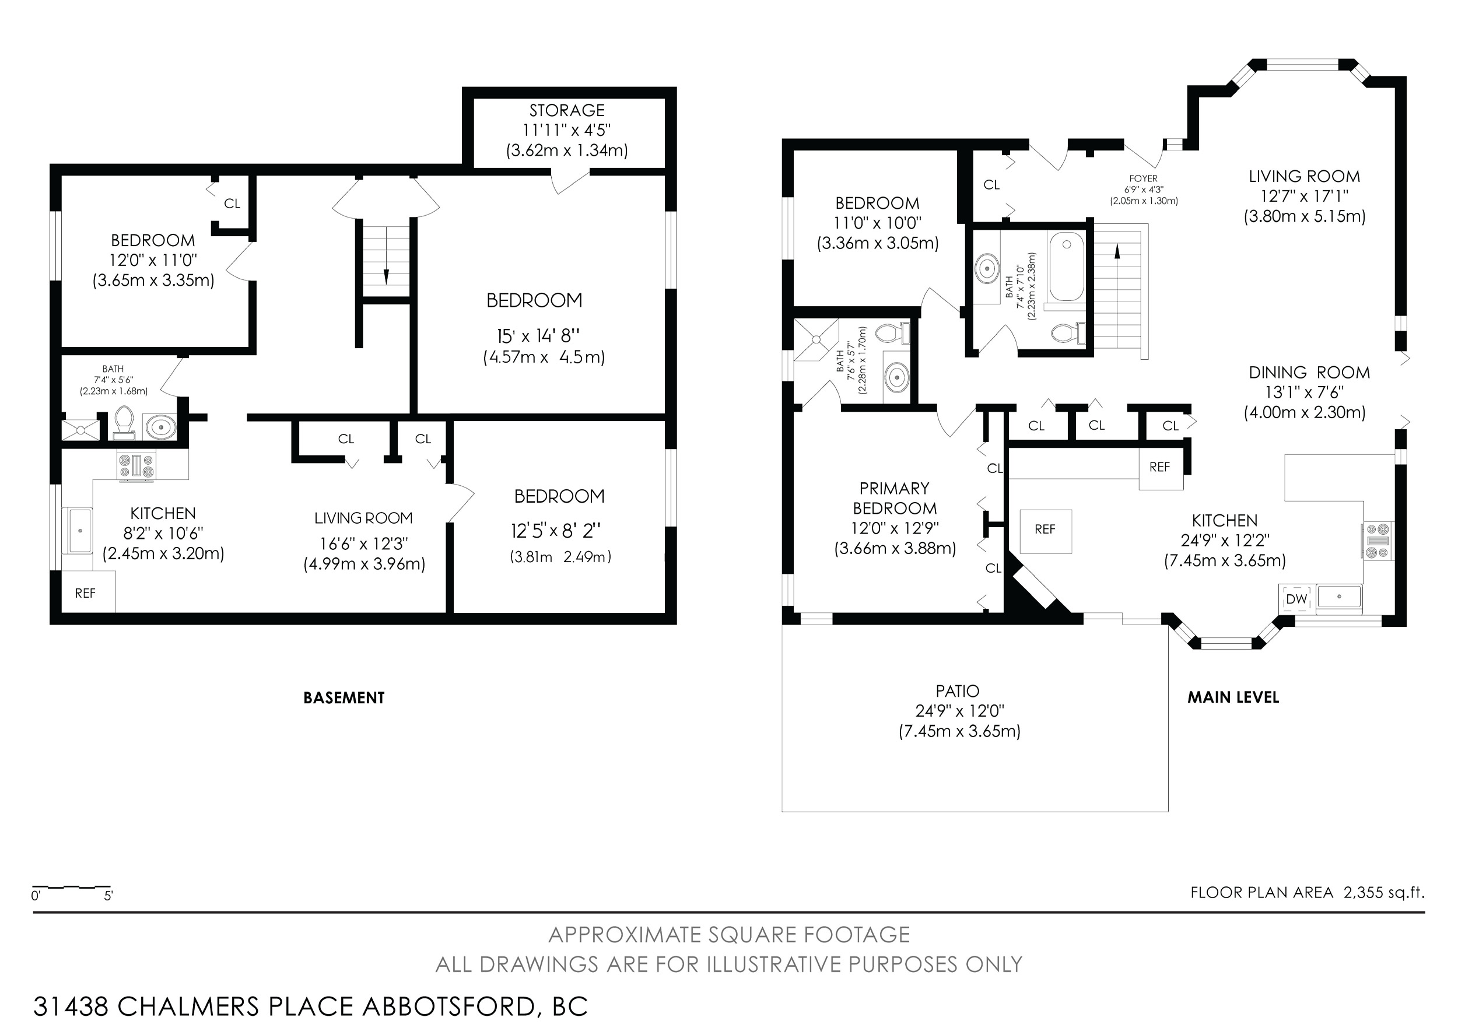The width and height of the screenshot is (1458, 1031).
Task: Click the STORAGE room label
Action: pyautogui.click(x=567, y=110)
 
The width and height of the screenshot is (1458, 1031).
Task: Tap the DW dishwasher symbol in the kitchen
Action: pyautogui.click(x=1296, y=599)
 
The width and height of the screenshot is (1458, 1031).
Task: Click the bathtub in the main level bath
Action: pyautogui.click(x=1066, y=267)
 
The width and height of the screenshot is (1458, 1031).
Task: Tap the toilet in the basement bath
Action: pyautogui.click(x=124, y=423)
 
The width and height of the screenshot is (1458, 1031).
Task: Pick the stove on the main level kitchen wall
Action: pyautogui.click(x=1377, y=541)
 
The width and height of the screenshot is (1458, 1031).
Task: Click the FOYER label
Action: pyautogui.click(x=1143, y=178)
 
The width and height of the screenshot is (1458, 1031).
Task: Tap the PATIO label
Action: pyautogui.click(x=958, y=690)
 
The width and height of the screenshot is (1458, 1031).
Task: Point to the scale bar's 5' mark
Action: pyautogui.click(x=108, y=896)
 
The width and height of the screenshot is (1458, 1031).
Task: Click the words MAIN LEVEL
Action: pyautogui.click(x=1233, y=697)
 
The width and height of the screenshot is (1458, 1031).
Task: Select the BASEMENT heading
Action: pyautogui.click(x=344, y=697)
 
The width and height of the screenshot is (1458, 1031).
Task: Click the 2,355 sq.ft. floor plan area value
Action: pyautogui.click(x=1384, y=892)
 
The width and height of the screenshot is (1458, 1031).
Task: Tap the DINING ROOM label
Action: pyautogui.click(x=1309, y=373)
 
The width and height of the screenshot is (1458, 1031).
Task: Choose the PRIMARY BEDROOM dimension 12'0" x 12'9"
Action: pyautogui.click(x=895, y=528)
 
